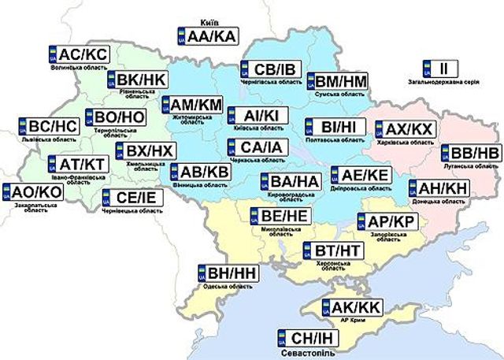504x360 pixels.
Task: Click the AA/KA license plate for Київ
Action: point(207,35)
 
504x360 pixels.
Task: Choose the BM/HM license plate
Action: point(336,80)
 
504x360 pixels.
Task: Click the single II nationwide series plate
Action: point(439,68)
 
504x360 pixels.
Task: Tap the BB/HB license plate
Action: point(469,153)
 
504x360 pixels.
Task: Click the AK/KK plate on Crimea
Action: point(351,307)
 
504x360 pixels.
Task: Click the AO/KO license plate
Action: point(31,191)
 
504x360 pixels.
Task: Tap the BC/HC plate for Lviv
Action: point(47,126)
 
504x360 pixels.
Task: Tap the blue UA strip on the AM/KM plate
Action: point(166,106)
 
